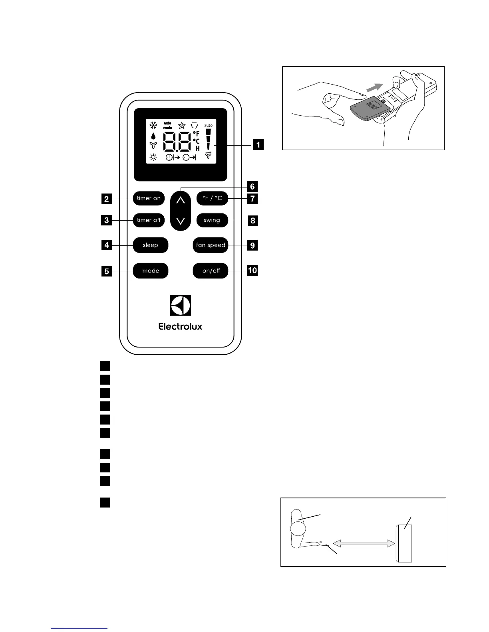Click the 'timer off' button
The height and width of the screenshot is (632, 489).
(x=149, y=220)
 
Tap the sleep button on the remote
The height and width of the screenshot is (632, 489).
(x=151, y=245)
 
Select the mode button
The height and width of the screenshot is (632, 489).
(x=151, y=271)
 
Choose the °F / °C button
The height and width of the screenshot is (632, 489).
(x=212, y=198)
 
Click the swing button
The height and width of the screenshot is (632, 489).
(x=212, y=220)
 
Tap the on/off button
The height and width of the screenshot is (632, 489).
(x=211, y=271)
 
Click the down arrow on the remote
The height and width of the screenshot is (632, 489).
(x=181, y=220)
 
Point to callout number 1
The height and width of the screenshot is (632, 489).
(x=258, y=144)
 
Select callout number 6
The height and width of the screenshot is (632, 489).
(x=252, y=186)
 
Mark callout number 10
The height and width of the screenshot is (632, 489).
(x=252, y=271)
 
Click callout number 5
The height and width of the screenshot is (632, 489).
(x=106, y=272)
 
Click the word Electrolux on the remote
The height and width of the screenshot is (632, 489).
(x=181, y=326)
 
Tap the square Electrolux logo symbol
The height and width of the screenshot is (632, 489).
(x=181, y=306)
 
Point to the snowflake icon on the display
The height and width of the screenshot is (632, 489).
(x=153, y=125)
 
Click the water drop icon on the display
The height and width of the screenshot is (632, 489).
(x=153, y=135)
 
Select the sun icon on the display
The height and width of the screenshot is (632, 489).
(x=153, y=157)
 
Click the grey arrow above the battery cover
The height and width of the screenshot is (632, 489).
(x=376, y=87)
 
